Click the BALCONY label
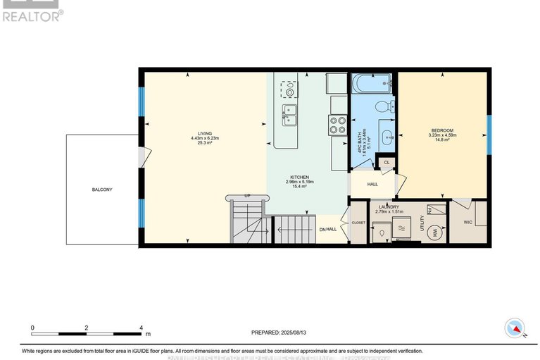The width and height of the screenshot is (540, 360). click(101, 190)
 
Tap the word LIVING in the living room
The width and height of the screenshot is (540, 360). click(205, 132)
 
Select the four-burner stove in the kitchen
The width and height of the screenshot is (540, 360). click(337, 125)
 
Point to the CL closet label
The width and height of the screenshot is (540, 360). click(386, 163)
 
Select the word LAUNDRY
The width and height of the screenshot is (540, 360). click(389, 206)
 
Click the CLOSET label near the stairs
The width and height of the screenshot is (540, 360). click(358, 223)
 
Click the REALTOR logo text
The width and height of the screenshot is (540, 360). click(32, 15)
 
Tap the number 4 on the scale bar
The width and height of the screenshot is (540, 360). click(141, 328)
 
